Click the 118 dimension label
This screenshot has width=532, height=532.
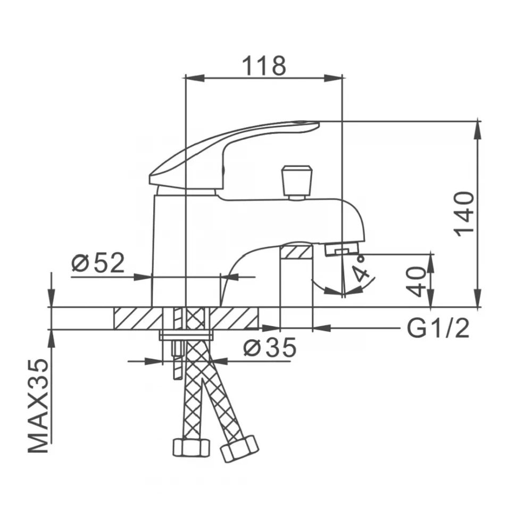click(x=264, y=66)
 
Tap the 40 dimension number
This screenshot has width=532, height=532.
click(x=417, y=281)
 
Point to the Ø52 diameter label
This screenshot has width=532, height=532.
click(x=98, y=263)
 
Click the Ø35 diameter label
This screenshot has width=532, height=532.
click(x=270, y=347)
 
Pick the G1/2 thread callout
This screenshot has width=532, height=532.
click(x=438, y=328)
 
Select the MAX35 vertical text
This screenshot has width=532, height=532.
click(x=38, y=405)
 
